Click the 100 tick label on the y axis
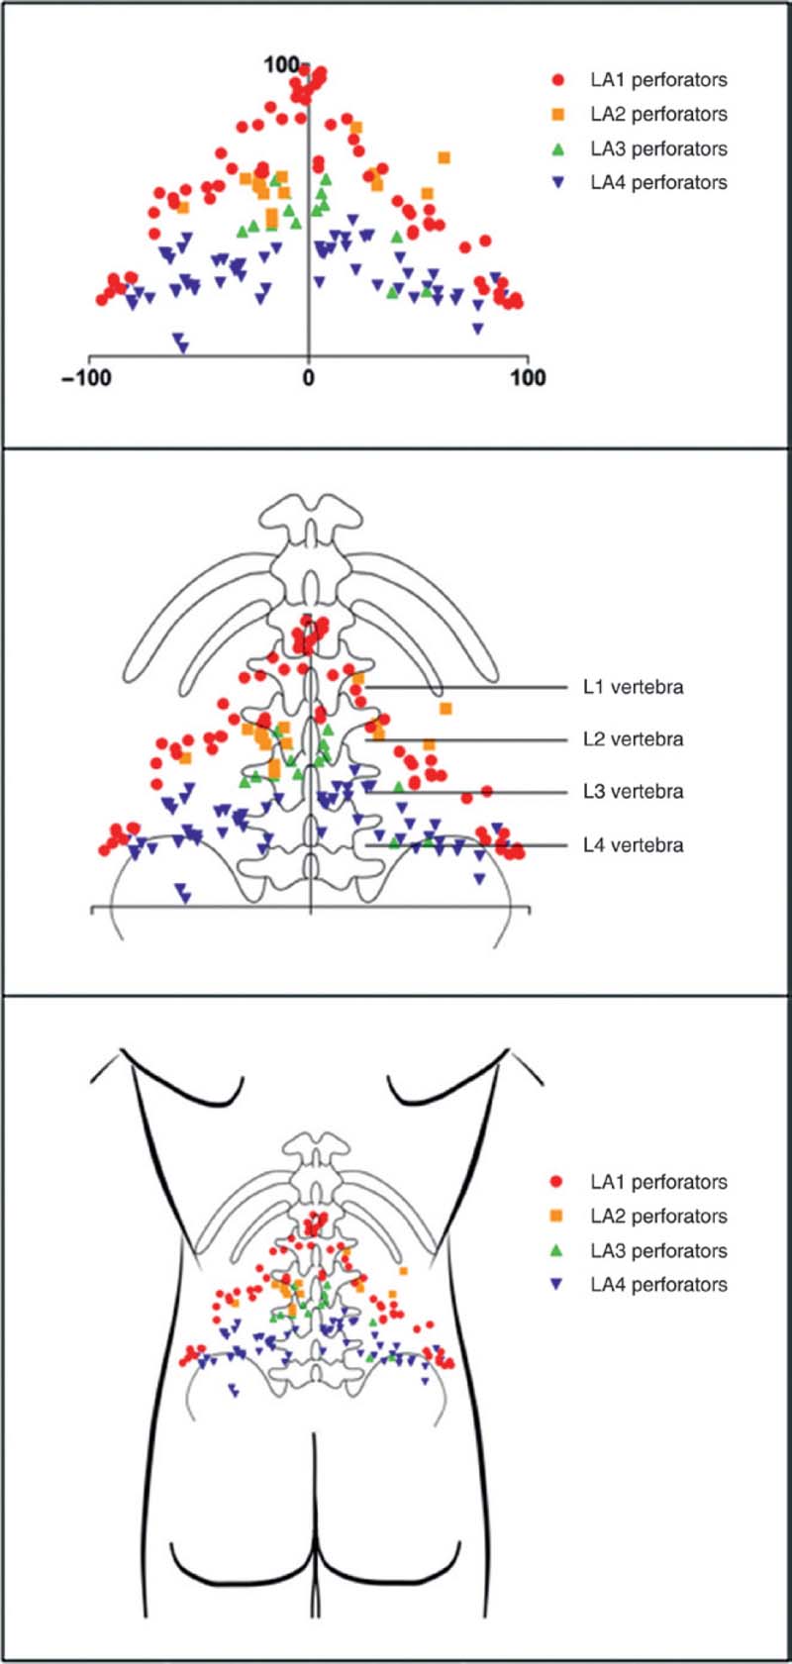point(280,64)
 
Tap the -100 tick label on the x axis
point(86,377)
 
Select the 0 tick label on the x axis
point(309,377)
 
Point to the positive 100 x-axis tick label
point(528,377)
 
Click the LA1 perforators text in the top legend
point(658,80)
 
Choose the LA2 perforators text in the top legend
point(658,115)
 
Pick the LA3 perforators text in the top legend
point(658,149)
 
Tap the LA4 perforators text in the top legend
point(658,183)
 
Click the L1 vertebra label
point(633,687)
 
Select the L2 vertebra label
point(633,739)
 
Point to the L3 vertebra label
point(633,792)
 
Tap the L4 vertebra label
point(633,845)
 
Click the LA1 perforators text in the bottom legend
point(658,1182)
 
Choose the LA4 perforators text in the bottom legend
point(658,1285)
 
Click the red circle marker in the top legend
point(558,80)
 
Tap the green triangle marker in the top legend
point(558,148)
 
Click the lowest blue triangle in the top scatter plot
point(182,346)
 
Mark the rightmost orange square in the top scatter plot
point(445,157)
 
